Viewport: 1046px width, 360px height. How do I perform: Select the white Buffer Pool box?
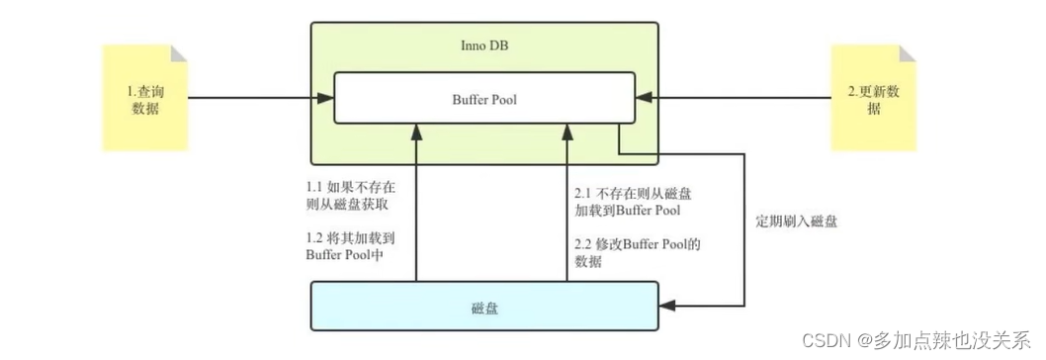pos(483,98)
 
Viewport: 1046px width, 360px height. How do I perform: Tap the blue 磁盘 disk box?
pos(483,308)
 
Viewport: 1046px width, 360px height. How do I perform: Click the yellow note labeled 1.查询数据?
pos(144,99)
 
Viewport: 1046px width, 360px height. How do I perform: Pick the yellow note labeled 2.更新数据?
pos(873,99)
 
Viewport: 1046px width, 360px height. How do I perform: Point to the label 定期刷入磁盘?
pos(796,223)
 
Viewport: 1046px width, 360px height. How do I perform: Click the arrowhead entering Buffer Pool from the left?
pos(326,98)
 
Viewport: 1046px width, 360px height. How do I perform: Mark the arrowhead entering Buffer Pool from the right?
pos(642,98)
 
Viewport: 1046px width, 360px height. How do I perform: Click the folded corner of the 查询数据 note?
pos(179,51)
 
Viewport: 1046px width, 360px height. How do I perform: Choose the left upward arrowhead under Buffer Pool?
pos(417,131)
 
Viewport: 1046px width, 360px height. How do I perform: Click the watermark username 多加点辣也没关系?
pos(949,340)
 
